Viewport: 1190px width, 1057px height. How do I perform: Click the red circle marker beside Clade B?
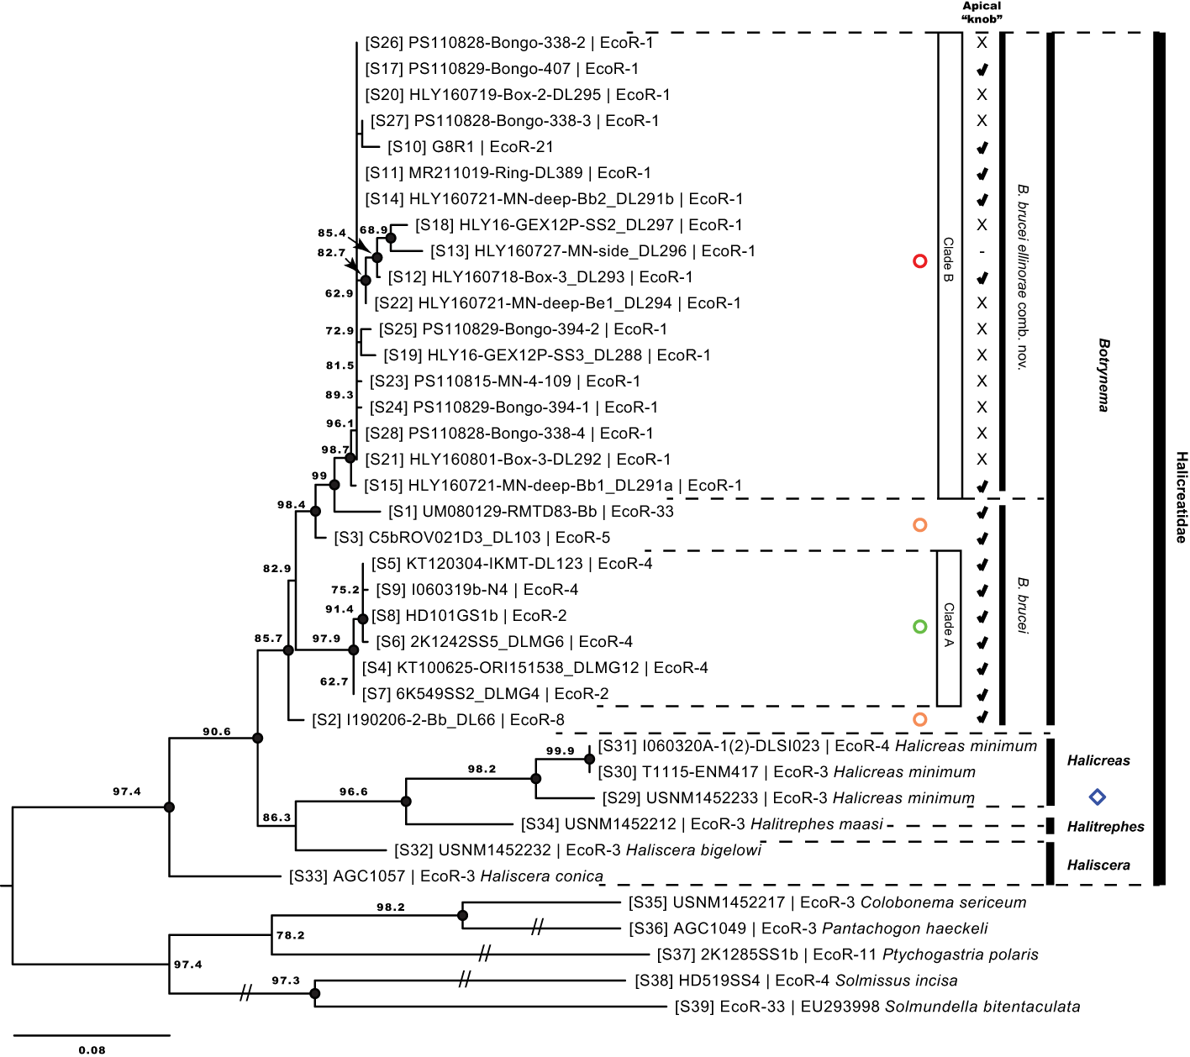(x=919, y=261)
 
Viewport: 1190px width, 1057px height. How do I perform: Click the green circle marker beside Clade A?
(x=919, y=627)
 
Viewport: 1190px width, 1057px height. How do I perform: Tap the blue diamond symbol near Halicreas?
(x=1097, y=797)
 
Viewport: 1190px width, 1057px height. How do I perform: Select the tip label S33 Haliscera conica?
(x=446, y=876)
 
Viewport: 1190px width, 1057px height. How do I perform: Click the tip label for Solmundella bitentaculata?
(x=877, y=1007)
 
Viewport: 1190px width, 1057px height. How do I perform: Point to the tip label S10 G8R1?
(x=471, y=147)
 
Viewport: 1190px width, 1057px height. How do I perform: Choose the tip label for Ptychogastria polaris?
(x=848, y=954)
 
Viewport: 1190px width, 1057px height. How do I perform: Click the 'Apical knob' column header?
(x=982, y=13)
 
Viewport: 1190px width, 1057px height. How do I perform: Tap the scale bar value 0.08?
(x=92, y=1049)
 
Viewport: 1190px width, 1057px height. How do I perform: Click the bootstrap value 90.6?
(x=217, y=732)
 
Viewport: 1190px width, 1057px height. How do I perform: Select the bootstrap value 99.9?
(x=560, y=751)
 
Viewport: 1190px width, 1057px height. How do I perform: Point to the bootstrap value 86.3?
(x=276, y=818)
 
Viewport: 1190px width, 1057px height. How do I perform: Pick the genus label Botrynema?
(x=1103, y=375)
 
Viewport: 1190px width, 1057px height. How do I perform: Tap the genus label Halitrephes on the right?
(x=1105, y=827)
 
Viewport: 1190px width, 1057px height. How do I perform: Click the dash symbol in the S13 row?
(x=982, y=251)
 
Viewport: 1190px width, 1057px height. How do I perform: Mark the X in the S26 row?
(x=982, y=43)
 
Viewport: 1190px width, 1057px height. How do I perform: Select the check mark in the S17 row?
(x=982, y=69)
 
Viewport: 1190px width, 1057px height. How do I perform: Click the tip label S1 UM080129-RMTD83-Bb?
(x=531, y=512)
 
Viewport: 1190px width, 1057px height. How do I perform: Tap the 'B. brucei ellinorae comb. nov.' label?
(x=1022, y=277)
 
